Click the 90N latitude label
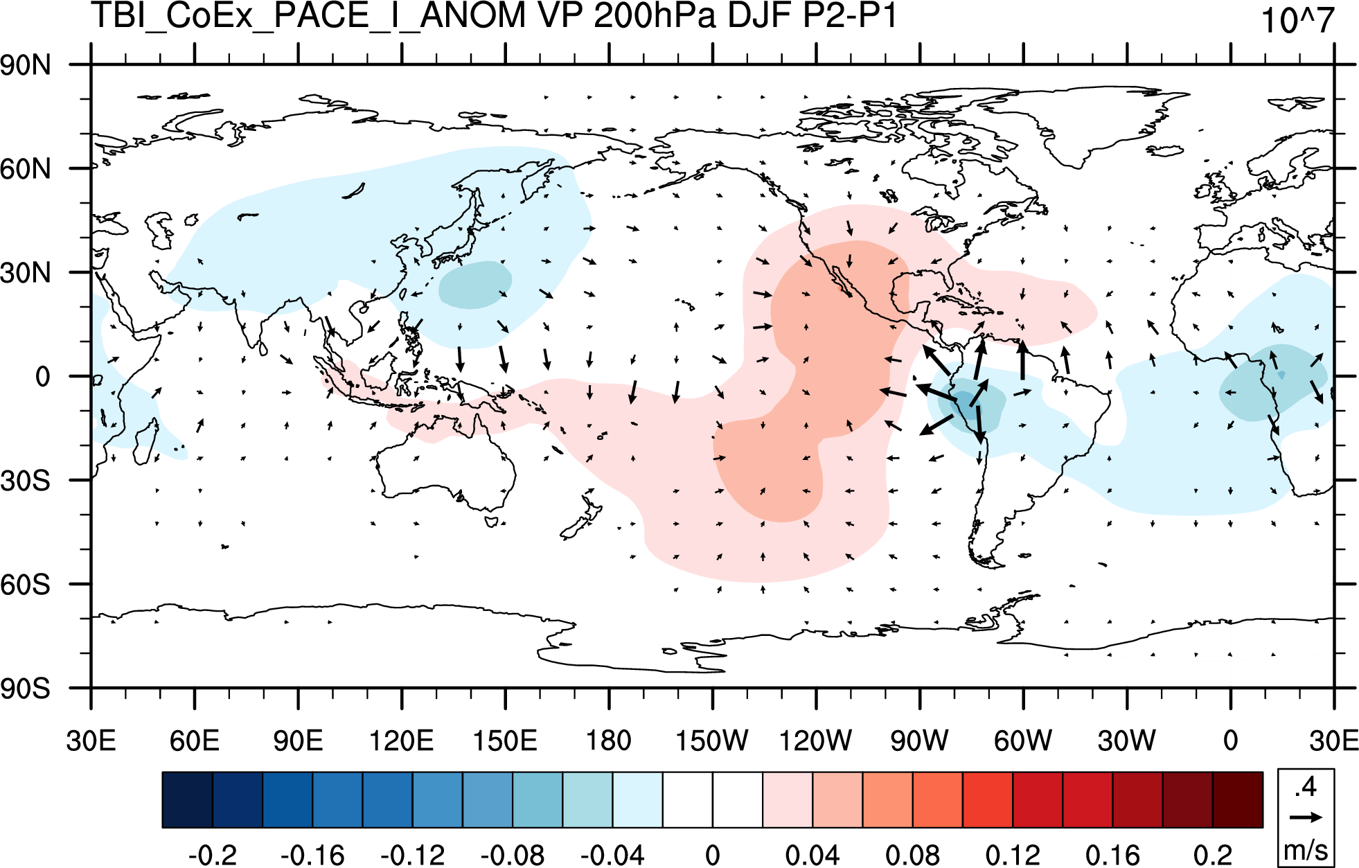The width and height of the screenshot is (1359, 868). coord(26,66)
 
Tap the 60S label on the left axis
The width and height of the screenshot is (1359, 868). coord(26,585)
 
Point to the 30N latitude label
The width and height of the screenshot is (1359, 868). coord(26,274)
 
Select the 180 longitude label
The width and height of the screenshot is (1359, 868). coord(609,741)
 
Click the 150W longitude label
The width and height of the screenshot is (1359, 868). coord(712,741)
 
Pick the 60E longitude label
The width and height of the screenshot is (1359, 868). coord(195,741)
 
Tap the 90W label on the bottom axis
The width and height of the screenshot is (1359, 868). coord(920,741)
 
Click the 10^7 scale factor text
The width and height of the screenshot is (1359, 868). coord(1297,21)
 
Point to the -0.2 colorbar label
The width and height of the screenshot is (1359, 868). coord(213,855)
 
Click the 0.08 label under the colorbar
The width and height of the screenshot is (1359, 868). coord(912,855)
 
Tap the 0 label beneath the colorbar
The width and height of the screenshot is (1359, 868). coord(713,855)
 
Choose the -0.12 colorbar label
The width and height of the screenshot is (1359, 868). coord(413,855)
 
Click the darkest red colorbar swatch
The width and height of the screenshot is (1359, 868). coord(1238,799)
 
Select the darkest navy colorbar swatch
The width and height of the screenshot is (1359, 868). coord(187,799)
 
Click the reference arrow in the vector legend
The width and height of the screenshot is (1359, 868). coord(1306,817)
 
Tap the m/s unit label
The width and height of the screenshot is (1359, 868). coord(1306,849)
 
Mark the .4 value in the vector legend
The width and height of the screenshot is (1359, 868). coord(1306,788)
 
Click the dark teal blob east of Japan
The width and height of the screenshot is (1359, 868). coord(475,285)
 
